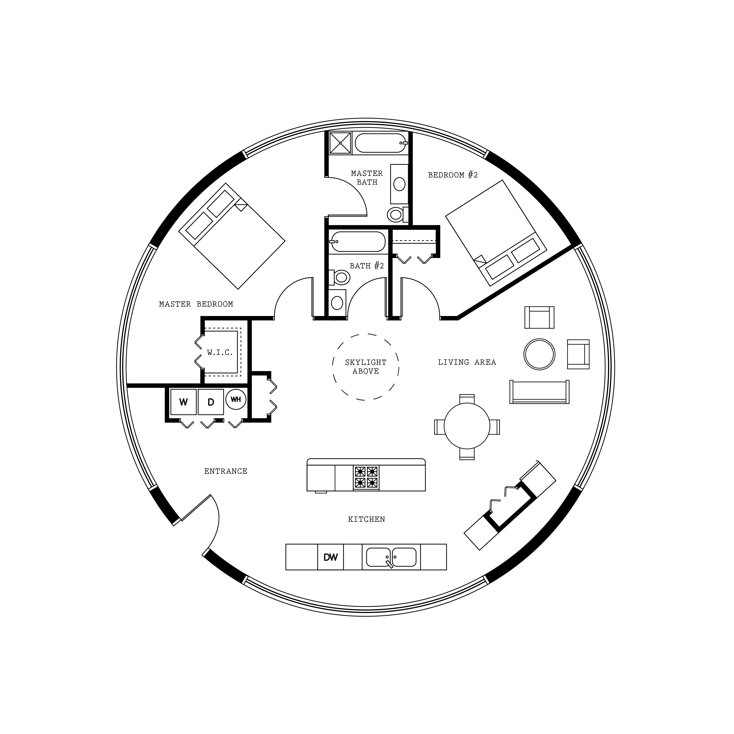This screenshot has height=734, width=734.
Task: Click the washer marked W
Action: click(183, 402)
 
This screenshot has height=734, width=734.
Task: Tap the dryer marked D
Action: click(211, 402)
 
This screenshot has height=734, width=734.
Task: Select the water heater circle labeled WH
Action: click(236, 399)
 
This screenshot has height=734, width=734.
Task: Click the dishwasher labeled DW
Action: click(331, 557)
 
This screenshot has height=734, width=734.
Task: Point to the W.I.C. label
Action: click(220, 353)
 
